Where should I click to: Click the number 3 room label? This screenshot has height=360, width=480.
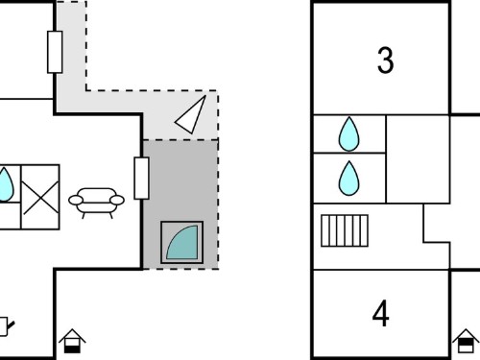click(385, 60)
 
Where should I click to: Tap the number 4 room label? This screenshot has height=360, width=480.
click(381, 314)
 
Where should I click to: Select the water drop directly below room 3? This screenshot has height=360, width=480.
click(348, 133)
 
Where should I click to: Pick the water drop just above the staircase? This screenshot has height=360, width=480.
click(348, 178)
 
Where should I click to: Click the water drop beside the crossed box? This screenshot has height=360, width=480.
click(5, 185)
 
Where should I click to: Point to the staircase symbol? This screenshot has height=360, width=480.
click(345, 230)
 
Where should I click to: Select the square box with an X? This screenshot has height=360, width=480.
click(40, 197)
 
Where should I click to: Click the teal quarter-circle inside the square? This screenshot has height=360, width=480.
click(182, 242)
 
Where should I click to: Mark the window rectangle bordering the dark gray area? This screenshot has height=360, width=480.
click(141, 179)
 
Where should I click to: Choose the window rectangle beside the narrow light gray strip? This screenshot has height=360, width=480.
click(55, 52)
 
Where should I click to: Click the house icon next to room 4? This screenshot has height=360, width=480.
click(466, 341)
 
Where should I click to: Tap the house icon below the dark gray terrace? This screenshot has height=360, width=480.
click(72, 341)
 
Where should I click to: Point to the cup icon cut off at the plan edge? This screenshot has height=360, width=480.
click(6, 326)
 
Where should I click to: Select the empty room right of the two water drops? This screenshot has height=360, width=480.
click(418, 159)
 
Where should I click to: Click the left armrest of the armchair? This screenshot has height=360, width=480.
click(76, 201)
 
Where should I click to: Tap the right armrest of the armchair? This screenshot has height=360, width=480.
click(117, 201)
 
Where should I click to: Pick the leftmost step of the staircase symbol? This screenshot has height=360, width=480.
click(324, 230)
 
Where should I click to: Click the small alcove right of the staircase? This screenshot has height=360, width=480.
click(437, 224)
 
